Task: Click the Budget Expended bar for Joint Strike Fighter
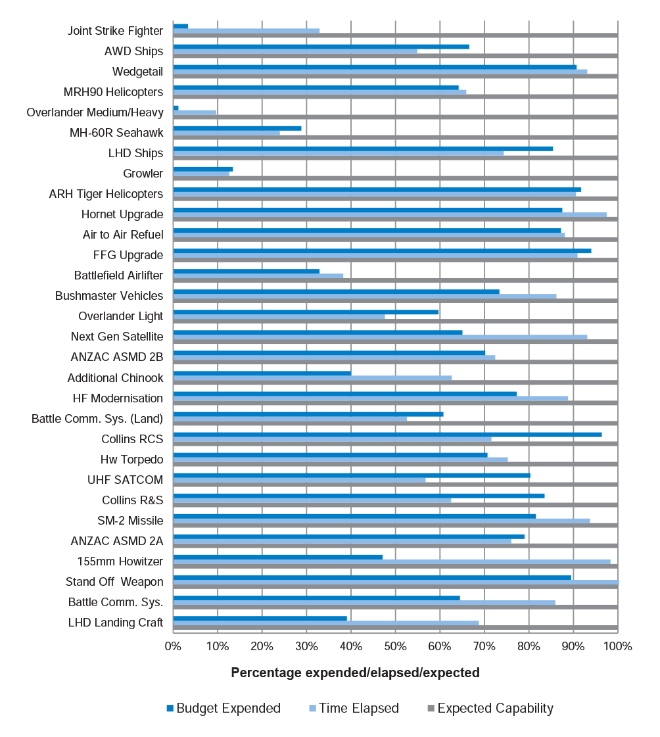[x=181, y=26]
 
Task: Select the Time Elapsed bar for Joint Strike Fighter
[x=247, y=31]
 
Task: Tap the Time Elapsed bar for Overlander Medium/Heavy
[x=195, y=112]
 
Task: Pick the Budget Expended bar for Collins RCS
[x=387, y=435]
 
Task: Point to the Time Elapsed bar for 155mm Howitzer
[x=392, y=561]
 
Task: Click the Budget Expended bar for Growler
[x=203, y=169]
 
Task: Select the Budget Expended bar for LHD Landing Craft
[x=260, y=619]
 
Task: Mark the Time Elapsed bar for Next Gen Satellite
[x=381, y=337]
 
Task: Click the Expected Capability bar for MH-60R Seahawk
[x=395, y=137]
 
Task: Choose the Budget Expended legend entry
[x=224, y=708]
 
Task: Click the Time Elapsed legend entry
[x=354, y=708]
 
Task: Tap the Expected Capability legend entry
[x=491, y=708]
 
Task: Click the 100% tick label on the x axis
[x=618, y=646]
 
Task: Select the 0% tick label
[x=173, y=646]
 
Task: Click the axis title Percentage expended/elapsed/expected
[x=356, y=673]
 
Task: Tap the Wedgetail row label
[x=138, y=72]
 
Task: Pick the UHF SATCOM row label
[x=126, y=480]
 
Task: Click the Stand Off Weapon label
[x=114, y=582]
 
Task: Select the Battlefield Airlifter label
[x=118, y=275]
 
